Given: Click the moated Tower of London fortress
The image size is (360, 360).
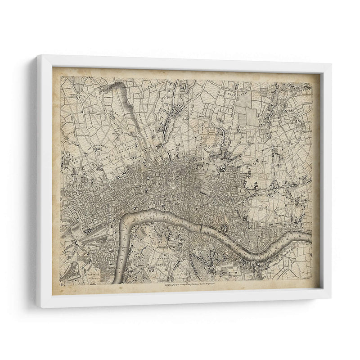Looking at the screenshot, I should (x=224, y=229).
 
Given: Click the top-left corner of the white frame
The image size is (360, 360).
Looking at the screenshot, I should (x=38, y=56).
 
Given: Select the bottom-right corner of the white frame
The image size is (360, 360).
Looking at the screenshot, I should (x=330, y=307).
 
